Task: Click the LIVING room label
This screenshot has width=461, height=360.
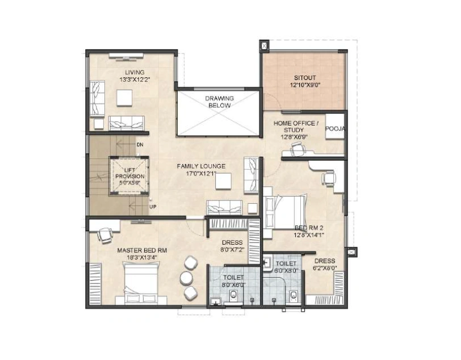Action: [x=135, y=72]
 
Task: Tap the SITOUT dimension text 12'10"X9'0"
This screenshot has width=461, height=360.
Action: [x=305, y=85]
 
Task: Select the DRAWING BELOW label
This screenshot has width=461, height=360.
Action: [x=219, y=102]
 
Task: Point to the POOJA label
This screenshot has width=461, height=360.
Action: [x=335, y=128]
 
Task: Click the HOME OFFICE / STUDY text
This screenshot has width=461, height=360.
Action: [x=296, y=127]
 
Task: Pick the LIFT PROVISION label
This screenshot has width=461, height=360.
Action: [x=130, y=173]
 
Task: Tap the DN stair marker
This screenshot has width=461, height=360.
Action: [x=140, y=145]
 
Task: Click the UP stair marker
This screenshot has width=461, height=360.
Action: [x=153, y=207]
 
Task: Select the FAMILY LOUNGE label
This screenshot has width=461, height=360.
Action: [x=201, y=166]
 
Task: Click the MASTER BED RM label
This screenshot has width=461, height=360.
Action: [x=142, y=250]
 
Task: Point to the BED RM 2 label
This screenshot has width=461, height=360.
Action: [x=309, y=228]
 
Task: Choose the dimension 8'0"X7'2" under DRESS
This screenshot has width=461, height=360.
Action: [x=232, y=250]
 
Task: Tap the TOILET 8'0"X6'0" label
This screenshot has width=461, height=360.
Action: [x=233, y=281]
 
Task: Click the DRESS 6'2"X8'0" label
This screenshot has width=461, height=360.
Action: [x=325, y=264]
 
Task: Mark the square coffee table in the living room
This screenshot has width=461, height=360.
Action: [x=124, y=98]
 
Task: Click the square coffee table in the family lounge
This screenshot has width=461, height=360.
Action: [x=223, y=181]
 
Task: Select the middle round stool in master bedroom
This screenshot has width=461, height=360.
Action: [x=186, y=278]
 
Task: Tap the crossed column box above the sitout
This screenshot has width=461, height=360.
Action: [x=265, y=46]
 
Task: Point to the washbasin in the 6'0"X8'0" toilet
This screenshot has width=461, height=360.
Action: [x=267, y=262]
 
